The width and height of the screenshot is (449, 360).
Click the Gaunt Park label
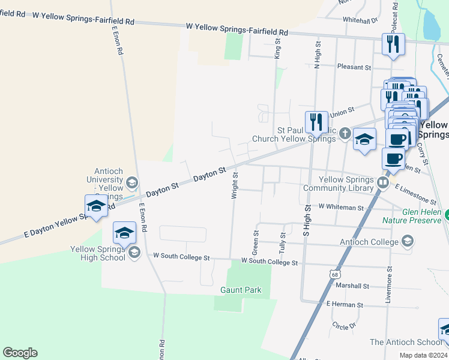241,290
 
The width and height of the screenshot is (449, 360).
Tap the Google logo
20,353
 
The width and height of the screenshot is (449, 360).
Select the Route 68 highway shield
334,274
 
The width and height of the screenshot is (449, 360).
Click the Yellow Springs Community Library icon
383,182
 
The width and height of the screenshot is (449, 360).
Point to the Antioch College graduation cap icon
408,242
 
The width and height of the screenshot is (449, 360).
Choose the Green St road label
256,241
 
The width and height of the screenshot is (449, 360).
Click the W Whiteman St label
341,206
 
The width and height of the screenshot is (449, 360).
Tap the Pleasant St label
354,67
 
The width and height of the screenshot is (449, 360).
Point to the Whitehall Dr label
360,20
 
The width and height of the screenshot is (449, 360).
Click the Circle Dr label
344,325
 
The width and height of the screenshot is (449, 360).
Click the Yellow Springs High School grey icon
134,251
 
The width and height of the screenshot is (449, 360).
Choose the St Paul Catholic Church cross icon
345,133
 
